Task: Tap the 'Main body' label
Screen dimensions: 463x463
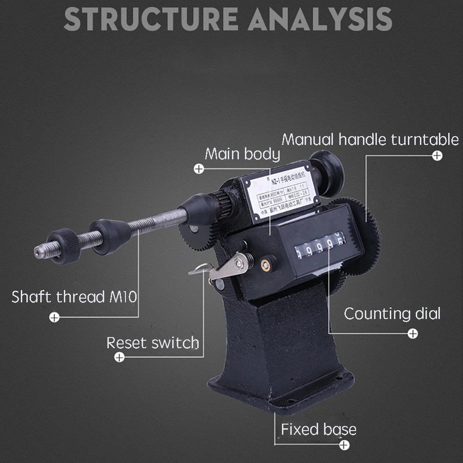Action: tap(242, 154)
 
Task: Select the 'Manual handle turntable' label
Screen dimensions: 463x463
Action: tap(370, 139)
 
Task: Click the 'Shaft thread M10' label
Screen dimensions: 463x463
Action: tap(74, 296)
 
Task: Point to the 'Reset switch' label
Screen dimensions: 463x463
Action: tap(152, 343)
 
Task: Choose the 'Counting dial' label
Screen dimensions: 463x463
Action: tap(392, 314)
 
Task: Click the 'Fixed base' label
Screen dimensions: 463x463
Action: tap(319, 429)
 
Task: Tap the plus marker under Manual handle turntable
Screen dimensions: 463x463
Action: tap(437, 156)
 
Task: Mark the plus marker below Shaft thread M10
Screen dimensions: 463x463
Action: tap(55, 317)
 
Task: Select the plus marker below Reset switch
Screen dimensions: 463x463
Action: tap(119, 357)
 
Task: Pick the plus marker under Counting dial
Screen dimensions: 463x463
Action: tap(413, 333)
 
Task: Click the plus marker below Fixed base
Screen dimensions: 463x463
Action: tap(344, 445)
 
